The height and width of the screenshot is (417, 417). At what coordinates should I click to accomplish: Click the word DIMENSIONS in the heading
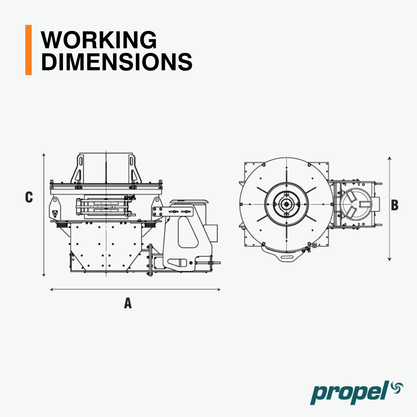click(x=117, y=62)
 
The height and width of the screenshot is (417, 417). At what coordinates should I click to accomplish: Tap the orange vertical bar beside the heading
click(x=29, y=50)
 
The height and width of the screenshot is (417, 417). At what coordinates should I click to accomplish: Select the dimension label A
click(x=128, y=303)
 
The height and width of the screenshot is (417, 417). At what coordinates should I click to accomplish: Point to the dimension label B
click(x=395, y=205)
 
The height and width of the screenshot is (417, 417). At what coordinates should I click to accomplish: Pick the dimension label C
click(x=29, y=197)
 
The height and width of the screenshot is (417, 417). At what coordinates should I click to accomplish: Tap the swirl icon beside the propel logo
click(x=397, y=388)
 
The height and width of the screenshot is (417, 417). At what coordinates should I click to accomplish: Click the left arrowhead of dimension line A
click(x=52, y=289)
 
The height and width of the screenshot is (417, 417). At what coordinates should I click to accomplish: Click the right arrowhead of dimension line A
click(x=219, y=289)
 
